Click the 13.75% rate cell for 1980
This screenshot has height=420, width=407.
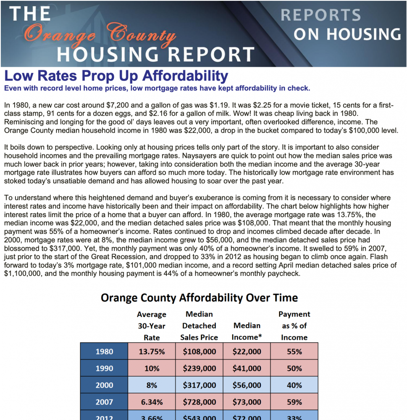[x=152, y=351]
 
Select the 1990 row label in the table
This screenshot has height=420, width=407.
[x=104, y=368]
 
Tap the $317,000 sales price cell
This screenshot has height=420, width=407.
[x=200, y=385]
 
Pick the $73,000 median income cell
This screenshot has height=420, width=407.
[x=247, y=402]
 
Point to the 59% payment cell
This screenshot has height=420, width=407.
[x=294, y=402]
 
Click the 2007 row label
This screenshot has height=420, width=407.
[x=104, y=402]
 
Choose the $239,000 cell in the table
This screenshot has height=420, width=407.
[x=200, y=368]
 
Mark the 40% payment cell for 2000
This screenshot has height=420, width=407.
[x=294, y=385]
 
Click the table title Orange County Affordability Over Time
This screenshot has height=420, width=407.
[x=199, y=298]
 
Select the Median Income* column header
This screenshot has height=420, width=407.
[x=247, y=331]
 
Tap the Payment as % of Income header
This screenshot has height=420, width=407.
[x=294, y=325]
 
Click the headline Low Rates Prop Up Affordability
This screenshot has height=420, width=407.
[x=116, y=76]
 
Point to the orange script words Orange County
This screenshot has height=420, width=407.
[x=100, y=34]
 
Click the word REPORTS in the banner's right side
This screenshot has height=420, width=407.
[x=321, y=15]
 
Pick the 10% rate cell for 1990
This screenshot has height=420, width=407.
[x=152, y=368]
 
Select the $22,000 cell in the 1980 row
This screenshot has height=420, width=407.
[x=247, y=351]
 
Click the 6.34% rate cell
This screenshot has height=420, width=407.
[x=152, y=402]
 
